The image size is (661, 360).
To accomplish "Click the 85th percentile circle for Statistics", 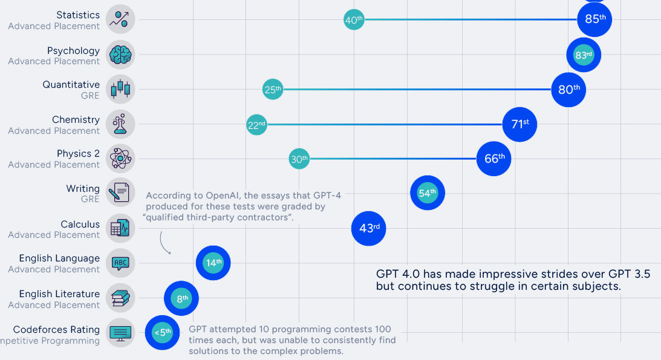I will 594,19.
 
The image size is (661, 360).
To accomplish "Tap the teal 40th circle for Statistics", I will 354,20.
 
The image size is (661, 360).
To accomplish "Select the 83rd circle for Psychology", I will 584,55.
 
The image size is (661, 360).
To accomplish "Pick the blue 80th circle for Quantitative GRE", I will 568,90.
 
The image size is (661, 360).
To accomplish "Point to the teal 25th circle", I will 273,90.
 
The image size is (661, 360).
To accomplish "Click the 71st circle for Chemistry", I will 519,125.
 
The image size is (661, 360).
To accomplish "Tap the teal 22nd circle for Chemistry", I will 256,125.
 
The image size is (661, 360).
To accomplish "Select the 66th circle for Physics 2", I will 493,159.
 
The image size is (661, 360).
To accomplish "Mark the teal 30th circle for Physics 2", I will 299,159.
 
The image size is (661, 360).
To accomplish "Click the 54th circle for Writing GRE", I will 427,194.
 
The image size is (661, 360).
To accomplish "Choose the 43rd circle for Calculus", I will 369,229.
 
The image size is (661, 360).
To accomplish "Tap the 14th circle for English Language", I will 213,263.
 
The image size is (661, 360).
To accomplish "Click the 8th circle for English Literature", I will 181,298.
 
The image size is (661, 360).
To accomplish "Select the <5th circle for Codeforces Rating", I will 162,333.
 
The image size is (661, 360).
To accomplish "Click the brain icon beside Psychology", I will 120,55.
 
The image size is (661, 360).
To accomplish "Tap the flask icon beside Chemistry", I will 120,125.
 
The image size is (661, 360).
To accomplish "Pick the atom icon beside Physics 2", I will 120,159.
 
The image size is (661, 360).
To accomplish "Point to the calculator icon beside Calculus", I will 120,229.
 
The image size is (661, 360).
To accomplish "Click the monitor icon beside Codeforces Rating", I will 120,333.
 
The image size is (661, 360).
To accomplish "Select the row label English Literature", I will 59,294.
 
